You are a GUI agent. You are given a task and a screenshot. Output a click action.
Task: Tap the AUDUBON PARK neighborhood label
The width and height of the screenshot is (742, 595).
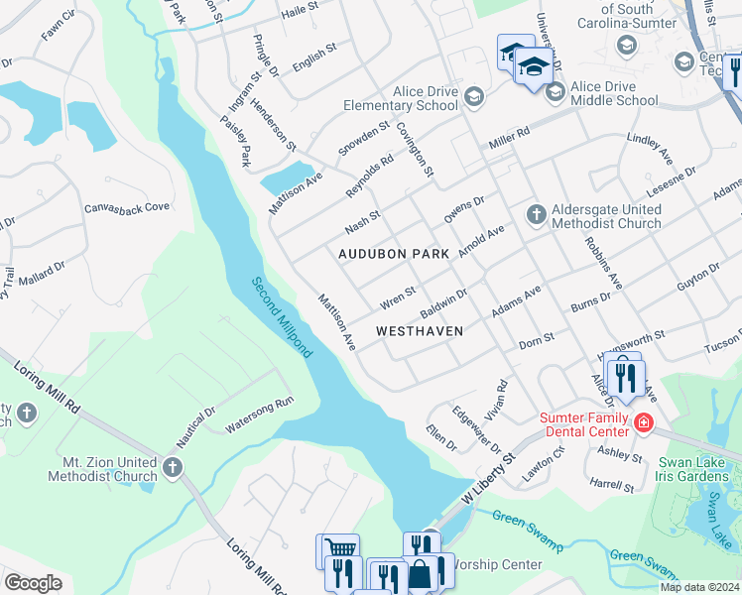tap(394, 254)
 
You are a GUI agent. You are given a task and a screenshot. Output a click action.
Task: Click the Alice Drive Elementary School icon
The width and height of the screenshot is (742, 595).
tap(473, 96)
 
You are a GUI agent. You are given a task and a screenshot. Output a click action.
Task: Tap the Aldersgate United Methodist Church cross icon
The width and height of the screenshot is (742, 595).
tap(536, 213)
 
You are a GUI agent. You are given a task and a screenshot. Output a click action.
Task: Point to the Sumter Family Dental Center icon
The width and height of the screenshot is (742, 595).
tap(643, 423)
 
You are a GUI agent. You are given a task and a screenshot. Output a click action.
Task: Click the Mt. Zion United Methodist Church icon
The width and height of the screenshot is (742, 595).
tap(173, 466)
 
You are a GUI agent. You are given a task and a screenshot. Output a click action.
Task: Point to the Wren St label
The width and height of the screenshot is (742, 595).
tap(397, 297)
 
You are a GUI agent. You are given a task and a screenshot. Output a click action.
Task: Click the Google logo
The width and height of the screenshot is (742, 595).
tap(33, 583)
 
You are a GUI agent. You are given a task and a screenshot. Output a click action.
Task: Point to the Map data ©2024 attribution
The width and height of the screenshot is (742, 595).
tap(699, 587)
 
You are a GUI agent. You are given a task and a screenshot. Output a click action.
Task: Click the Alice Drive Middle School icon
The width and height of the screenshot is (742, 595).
tap(555, 92)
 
